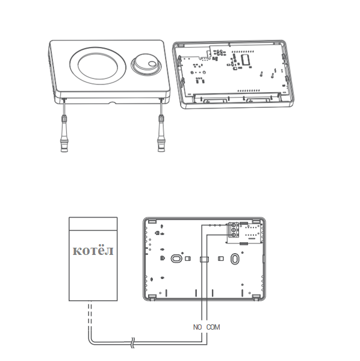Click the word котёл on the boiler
coord(93,250)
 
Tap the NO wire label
coord(197,327)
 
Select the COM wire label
coord(213,327)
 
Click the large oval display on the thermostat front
coord(98,66)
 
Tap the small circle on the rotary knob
coord(152,64)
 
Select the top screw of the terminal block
coord(234,225)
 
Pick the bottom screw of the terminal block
coord(234,235)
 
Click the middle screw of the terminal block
coord(234,230)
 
